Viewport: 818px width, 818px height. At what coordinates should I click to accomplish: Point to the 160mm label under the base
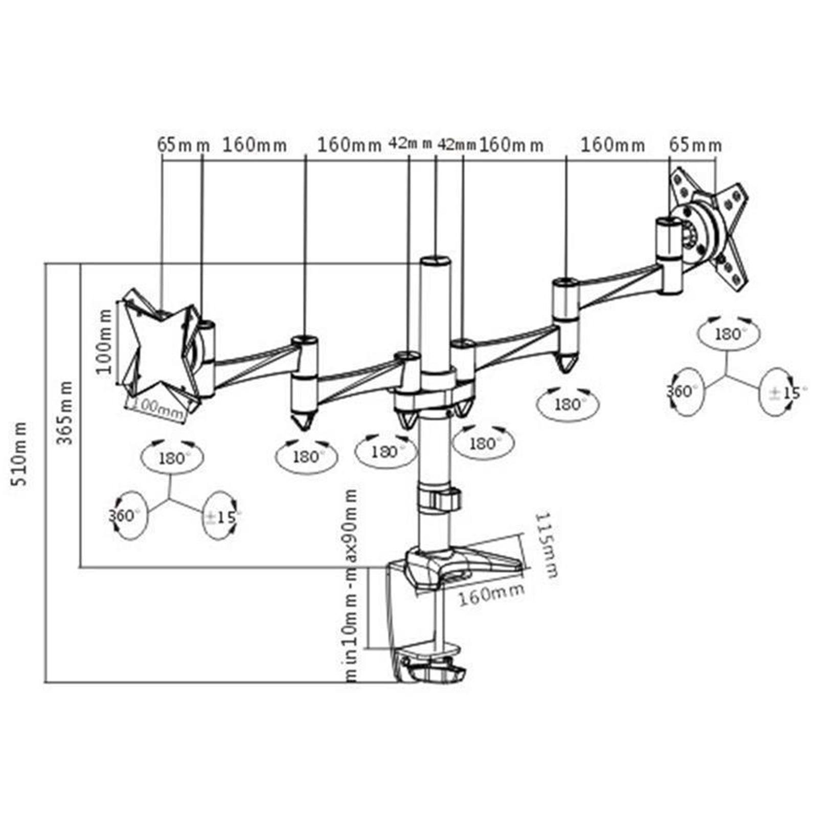491,595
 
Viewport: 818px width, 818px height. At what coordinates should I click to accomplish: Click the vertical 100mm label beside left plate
105,341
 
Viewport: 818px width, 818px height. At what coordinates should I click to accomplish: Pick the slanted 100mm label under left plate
156,408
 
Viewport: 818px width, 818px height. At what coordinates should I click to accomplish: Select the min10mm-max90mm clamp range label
351,585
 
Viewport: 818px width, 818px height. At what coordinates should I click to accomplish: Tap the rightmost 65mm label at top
696,145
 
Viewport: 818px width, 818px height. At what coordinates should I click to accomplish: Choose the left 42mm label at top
411,143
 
